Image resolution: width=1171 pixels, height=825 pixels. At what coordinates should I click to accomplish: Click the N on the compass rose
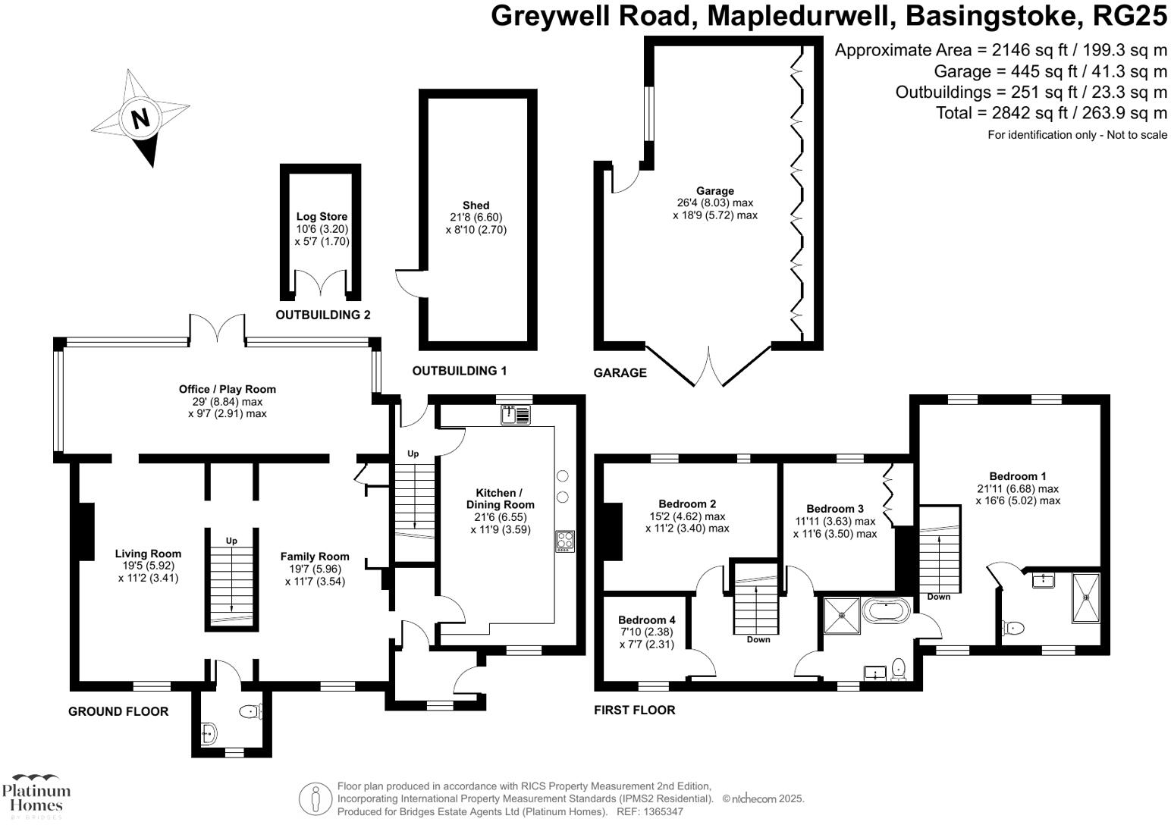click(x=140, y=119)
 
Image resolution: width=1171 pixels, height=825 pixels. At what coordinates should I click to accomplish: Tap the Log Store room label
click(x=322, y=217)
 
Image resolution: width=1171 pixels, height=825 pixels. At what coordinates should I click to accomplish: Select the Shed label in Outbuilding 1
click(x=476, y=205)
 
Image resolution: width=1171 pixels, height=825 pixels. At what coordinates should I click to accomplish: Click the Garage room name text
click(x=715, y=191)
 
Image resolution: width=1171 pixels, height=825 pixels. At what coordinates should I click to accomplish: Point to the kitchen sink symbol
click(x=516, y=415)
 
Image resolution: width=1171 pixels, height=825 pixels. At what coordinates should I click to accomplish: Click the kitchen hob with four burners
click(x=565, y=541)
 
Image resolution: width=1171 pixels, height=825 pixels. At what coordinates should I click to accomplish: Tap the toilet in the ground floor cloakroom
click(x=250, y=711)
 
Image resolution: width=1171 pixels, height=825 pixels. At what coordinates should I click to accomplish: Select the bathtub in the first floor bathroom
click(x=886, y=610)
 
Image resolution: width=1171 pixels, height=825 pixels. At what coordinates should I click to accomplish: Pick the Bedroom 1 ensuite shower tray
click(x=1085, y=597)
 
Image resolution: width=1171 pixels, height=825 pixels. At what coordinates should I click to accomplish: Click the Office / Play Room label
click(x=228, y=389)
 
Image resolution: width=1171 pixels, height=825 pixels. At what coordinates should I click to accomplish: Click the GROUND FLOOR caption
click(x=118, y=711)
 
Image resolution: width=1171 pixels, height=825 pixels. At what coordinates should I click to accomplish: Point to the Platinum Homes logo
click(x=36, y=795)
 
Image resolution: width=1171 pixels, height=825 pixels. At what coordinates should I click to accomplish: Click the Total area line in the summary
click(x=1051, y=113)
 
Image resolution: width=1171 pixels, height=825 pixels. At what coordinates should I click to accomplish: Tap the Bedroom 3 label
click(x=834, y=509)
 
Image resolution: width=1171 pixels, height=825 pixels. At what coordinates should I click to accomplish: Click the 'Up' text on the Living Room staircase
click(x=231, y=541)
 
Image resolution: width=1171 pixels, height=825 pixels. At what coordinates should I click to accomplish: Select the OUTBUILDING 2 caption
click(x=322, y=315)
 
